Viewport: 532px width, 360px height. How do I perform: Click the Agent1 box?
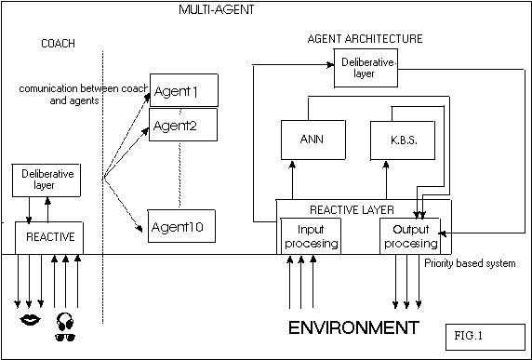183,90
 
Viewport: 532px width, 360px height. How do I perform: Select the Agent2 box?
183,125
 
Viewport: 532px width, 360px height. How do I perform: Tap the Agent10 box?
181,226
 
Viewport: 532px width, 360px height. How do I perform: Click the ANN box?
313,140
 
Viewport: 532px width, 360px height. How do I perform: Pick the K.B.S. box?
403,140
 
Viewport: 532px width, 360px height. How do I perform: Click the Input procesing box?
311,236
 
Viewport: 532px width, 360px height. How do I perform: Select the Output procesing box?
410,236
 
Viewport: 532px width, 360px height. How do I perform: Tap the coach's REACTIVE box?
49,238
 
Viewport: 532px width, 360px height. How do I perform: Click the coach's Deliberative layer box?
47,180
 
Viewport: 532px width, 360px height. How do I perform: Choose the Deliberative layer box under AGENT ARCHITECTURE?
366,68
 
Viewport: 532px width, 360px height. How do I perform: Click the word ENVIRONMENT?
353,327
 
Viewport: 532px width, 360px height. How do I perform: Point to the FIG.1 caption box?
485,337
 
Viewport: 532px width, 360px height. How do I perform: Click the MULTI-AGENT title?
217,9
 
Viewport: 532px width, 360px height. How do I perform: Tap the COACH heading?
58,44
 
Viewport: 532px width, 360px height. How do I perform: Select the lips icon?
30,320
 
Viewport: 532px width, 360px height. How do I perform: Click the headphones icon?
65,321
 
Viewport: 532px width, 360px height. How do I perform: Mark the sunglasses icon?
65,337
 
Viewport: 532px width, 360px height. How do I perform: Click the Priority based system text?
470,263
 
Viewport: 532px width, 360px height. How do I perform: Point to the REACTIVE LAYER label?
352,210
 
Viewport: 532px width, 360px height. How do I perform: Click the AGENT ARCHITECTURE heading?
366,39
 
